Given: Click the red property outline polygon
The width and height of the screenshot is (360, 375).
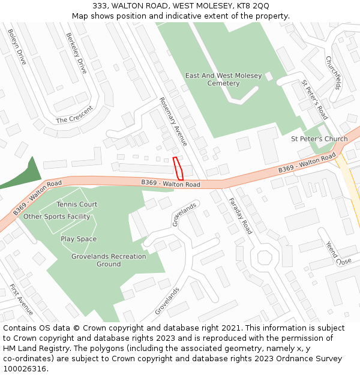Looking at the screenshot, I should pos(178,169).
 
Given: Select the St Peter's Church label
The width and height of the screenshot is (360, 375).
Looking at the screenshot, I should pos(319,139).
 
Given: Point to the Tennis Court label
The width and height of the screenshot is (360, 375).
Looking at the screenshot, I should pos(77,205).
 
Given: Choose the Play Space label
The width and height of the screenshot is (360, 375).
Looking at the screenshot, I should pos(79,239).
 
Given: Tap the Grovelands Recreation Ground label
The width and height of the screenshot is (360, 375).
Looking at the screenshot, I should pos(109,260).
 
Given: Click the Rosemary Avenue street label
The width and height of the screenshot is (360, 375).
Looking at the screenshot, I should pos(173,122).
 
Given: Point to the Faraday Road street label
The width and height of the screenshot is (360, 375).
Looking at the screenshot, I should pos(240,215).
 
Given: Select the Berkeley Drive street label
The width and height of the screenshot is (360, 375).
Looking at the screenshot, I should pos(77,53).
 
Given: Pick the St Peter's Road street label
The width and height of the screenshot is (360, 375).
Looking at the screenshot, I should pos(314,99).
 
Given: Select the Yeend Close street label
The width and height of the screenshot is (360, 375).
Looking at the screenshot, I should pos(334,253).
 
